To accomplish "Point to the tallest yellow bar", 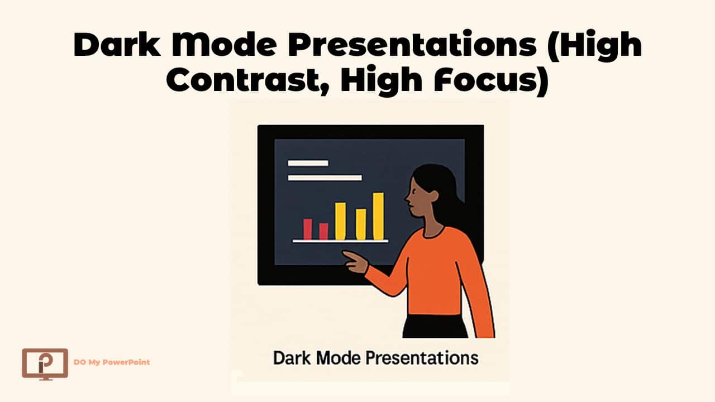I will click(x=378, y=216).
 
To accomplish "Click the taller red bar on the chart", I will click(x=307, y=228).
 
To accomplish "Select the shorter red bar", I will click(x=323, y=231).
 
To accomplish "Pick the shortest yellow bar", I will click(x=361, y=224).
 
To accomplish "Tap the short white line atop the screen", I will click(x=308, y=163).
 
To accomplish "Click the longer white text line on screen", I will click(x=325, y=178).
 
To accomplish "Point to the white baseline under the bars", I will click(x=340, y=241).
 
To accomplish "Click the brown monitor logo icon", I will click(x=45, y=363).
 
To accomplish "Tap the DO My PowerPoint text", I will click(x=112, y=362).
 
